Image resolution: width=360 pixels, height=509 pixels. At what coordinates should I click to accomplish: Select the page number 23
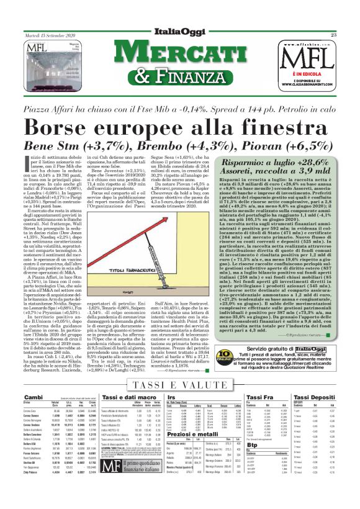pyautogui.click(x=351, y=35)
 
